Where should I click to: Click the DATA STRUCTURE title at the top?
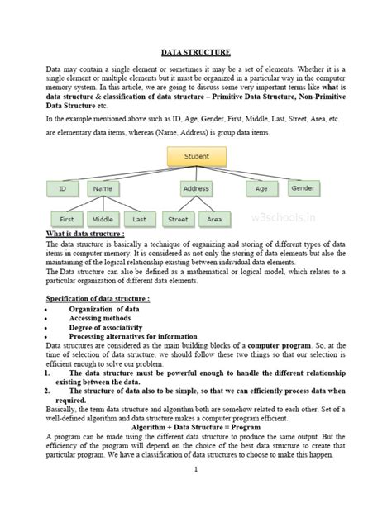click(195, 53)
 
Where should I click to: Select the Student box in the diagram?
click(196, 154)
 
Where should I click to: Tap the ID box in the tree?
click(62, 189)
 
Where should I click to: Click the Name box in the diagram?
click(103, 189)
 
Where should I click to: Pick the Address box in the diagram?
click(196, 189)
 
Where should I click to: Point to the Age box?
click(261, 188)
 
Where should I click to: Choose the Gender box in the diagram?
click(304, 188)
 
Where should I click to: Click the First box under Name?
click(66, 219)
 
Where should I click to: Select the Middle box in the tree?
click(103, 219)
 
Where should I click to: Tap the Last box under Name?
click(139, 219)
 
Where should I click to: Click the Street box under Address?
click(178, 219)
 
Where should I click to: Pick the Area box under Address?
click(214, 219)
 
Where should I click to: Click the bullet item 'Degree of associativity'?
click(111, 327)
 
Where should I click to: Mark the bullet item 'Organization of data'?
click(104, 308)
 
